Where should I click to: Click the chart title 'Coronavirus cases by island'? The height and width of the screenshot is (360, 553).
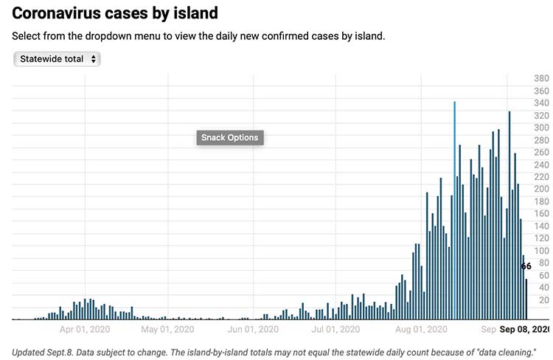click(x=115, y=13)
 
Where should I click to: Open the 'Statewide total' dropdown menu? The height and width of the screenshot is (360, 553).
click(x=57, y=59)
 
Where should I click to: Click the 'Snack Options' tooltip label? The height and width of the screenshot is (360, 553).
click(x=229, y=138)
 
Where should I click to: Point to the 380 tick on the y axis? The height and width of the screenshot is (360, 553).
click(x=541, y=79)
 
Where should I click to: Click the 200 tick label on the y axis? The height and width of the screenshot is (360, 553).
click(x=541, y=189)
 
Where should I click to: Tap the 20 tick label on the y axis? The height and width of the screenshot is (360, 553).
click(x=543, y=300)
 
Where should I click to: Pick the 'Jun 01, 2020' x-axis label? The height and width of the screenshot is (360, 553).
click(x=253, y=329)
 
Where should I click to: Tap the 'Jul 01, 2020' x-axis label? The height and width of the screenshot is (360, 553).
click(x=335, y=329)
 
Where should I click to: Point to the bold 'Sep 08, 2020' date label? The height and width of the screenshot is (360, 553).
click(x=524, y=329)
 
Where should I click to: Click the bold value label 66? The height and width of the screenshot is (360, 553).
click(x=526, y=266)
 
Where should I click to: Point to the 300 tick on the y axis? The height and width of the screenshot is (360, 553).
click(x=541, y=128)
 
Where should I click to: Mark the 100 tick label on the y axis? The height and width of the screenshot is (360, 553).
click(x=541, y=251)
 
